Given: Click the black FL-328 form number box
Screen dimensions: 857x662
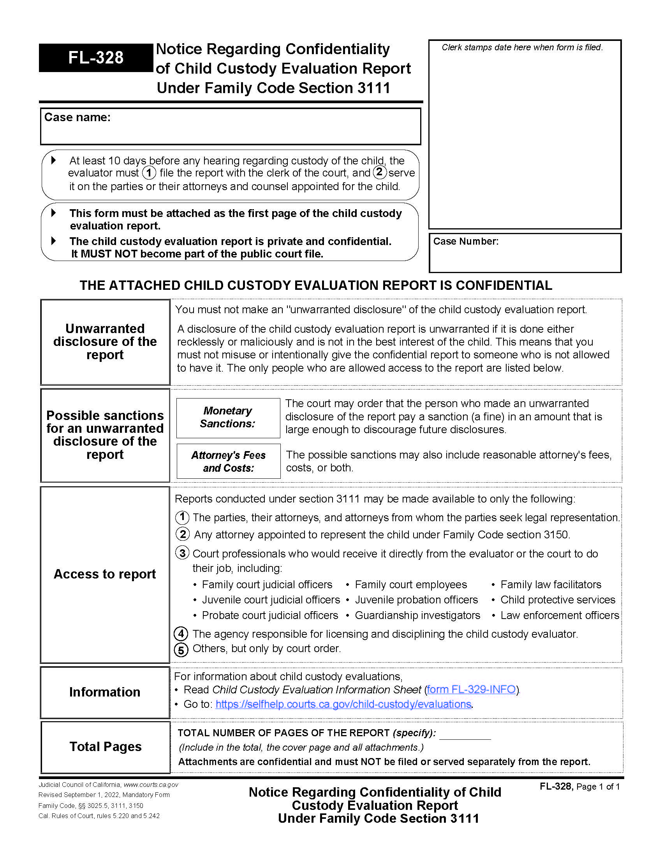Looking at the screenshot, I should tap(96, 58).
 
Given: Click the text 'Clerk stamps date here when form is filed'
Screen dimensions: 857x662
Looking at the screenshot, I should tap(522, 48).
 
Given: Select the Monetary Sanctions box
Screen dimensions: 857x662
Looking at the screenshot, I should tap(228, 418).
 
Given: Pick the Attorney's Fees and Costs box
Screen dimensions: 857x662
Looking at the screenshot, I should tap(228, 461).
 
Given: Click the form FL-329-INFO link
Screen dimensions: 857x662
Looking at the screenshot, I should tap(471, 689).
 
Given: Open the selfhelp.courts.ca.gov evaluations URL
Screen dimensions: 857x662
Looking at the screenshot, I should tap(343, 704).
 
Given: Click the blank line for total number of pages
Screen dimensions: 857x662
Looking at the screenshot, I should tap(465, 734).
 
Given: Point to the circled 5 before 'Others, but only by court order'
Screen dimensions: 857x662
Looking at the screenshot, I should tap(181, 650).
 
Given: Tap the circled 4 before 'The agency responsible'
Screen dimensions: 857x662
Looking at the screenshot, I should tap(181, 634).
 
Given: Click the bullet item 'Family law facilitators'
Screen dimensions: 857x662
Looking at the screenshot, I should tap(550, 585).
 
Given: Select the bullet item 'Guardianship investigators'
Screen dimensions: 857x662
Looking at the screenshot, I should tap(417, 615).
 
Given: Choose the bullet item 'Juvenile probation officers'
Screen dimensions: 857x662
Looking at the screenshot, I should tap(416, 600).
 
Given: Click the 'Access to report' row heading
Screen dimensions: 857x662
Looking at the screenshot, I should tap(105, 574).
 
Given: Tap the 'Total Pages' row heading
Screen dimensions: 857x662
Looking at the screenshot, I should tap(106, 746).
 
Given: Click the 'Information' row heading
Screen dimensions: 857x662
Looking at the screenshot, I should tap(105, 692).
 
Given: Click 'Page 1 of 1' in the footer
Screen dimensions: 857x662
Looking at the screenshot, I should tap(598, 787).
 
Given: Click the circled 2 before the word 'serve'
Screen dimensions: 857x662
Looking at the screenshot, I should tap(379, 172).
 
